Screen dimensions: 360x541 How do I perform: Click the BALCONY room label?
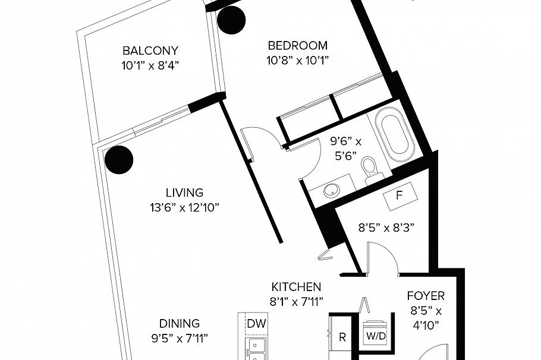point(150,50)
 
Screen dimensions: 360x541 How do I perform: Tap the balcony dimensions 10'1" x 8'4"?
point(150,64)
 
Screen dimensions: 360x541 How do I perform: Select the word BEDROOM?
point(297,46)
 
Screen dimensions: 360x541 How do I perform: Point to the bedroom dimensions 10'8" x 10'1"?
point(297,59)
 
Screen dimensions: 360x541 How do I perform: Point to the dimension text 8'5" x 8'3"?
point(385,227)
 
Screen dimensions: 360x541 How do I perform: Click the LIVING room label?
point(184,193)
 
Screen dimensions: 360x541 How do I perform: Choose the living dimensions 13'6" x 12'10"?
point(184,207)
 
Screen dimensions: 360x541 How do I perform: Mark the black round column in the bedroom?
point(231,21)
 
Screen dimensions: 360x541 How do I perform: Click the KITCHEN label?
point(297,287)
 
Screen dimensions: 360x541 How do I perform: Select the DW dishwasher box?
point(257,324)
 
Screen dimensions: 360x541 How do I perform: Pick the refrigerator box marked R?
point(342,338)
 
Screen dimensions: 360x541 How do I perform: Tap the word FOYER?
point(426,296)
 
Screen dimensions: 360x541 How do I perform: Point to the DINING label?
point(179,324)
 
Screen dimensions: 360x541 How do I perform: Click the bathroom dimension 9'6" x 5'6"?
point(346,149)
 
